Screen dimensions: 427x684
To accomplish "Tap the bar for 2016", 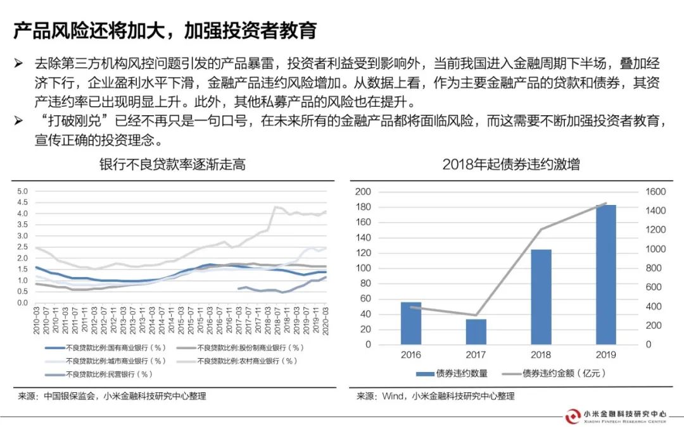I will [411, 323].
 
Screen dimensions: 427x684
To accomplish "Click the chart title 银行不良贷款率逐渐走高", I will [172, 165].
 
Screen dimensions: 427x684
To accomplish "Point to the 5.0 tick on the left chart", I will [23, 191].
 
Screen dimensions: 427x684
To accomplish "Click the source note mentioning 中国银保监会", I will [111, 396].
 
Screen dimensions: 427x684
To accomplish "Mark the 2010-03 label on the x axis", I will [36, 320].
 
